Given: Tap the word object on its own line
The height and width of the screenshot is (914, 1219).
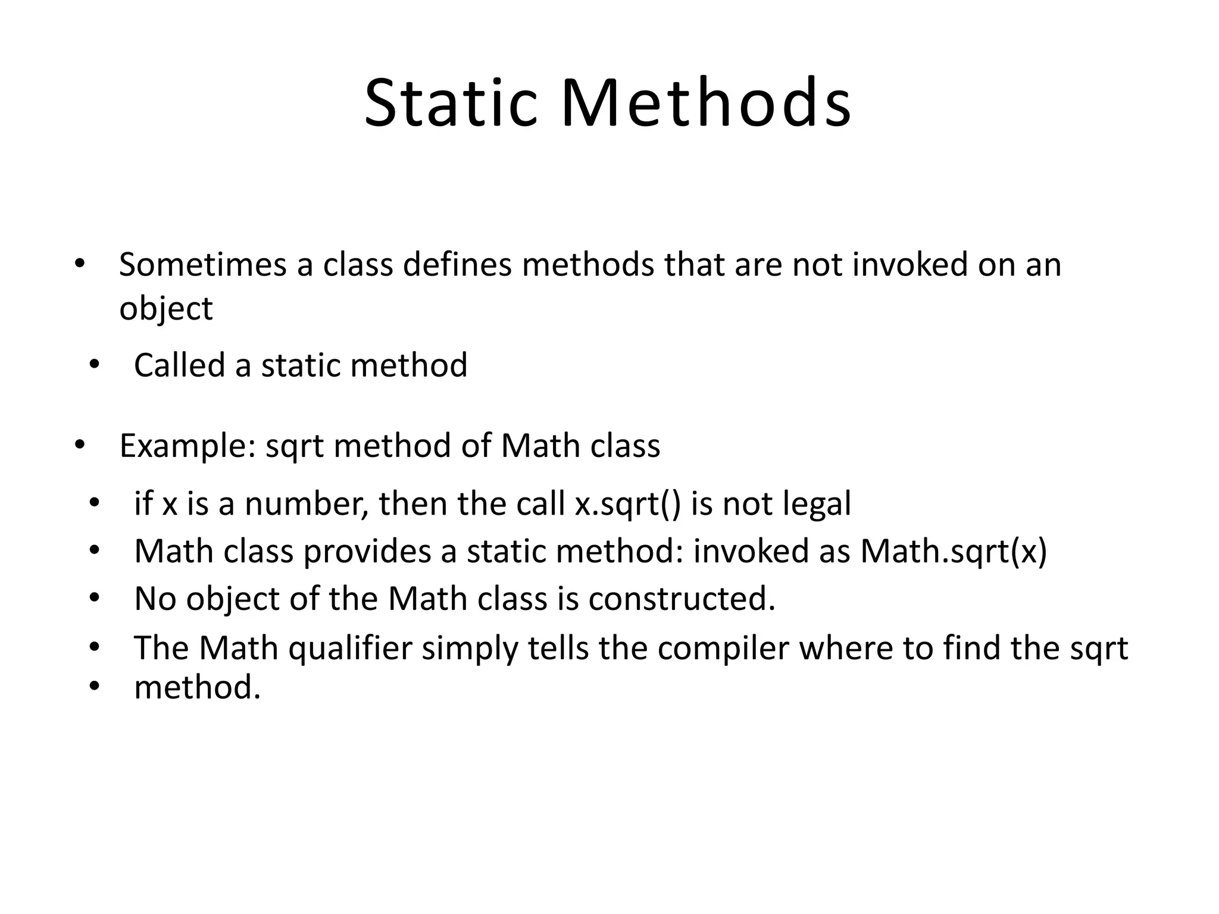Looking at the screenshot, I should pos(165,309).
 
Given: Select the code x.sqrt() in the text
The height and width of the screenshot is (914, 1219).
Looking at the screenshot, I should pos(627,504).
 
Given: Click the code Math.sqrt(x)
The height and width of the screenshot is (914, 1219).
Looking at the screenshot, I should pos(954,552).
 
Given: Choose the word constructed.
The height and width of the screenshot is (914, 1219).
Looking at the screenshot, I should pos(682,599).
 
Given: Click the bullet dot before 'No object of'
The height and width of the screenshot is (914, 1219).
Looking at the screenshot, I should pos(93,598).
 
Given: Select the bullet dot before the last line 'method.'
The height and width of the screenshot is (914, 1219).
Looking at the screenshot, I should pos(93,687).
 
